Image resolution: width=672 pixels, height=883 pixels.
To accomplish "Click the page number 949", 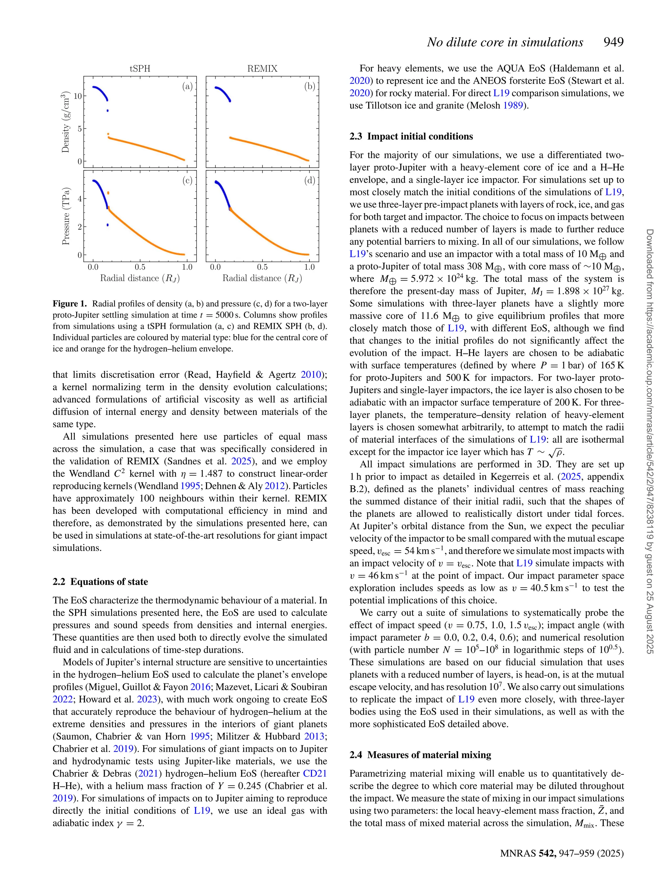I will [x=614, y=42].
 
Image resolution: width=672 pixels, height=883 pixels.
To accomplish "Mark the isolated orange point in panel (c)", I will [x=108, y=193].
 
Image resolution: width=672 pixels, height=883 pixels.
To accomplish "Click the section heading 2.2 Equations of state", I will [x=100, y=581].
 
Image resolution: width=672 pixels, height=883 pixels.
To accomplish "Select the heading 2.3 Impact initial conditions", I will [x=411, y=137].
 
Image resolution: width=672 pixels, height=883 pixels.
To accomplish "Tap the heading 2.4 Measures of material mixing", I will [x=420, y=755].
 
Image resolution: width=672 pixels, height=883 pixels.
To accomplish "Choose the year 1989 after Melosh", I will [x=513, y=106].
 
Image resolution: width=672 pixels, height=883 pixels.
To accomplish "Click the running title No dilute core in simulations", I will [x=505, y=42].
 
